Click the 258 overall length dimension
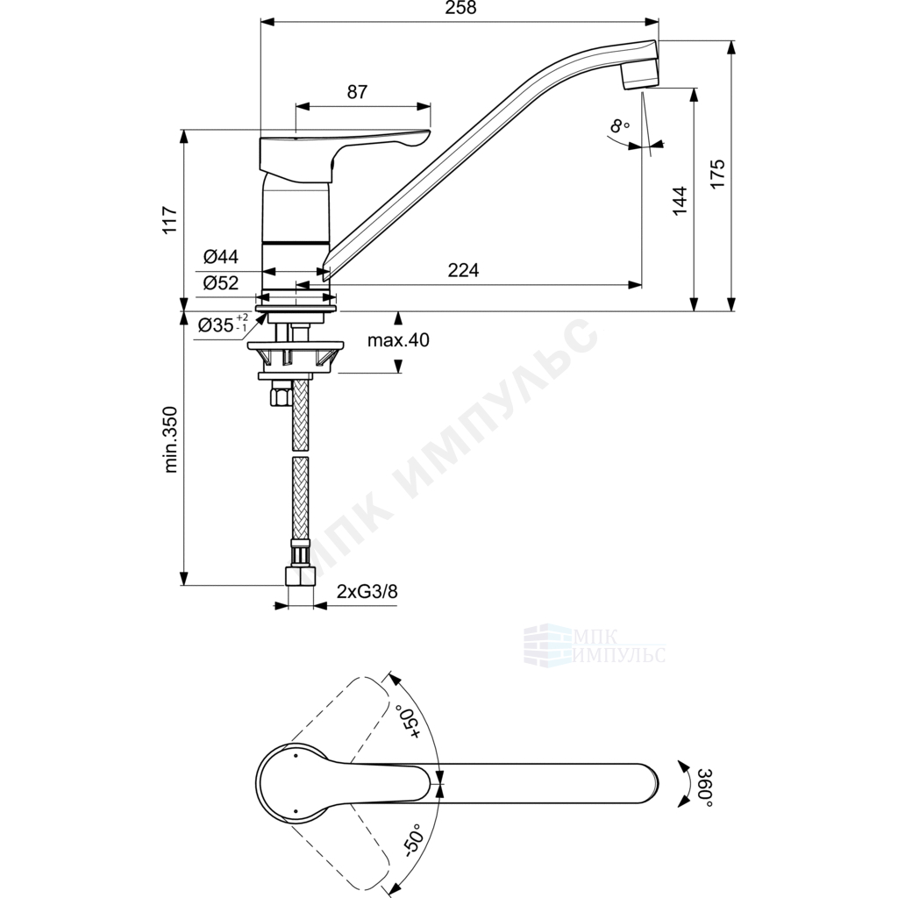click(x=460, y=8)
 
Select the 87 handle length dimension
click(x=357, y=91)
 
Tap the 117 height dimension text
click(x=171, y=219)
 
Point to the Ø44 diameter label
click(x=220, y=256)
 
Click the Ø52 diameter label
click(x=220, y=282)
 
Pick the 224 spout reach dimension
click(x=463, y=270)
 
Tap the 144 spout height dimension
click(x=680, y=201)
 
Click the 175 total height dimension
click(x=717, y=174)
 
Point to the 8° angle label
click(x=620, y=125)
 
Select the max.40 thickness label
click(x=398, y=340)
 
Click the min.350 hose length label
click(x=171, y=439)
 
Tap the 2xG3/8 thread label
click(x=367, y=591)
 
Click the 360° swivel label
click(x=704, y=788)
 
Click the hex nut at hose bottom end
click(x=300, y=575)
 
